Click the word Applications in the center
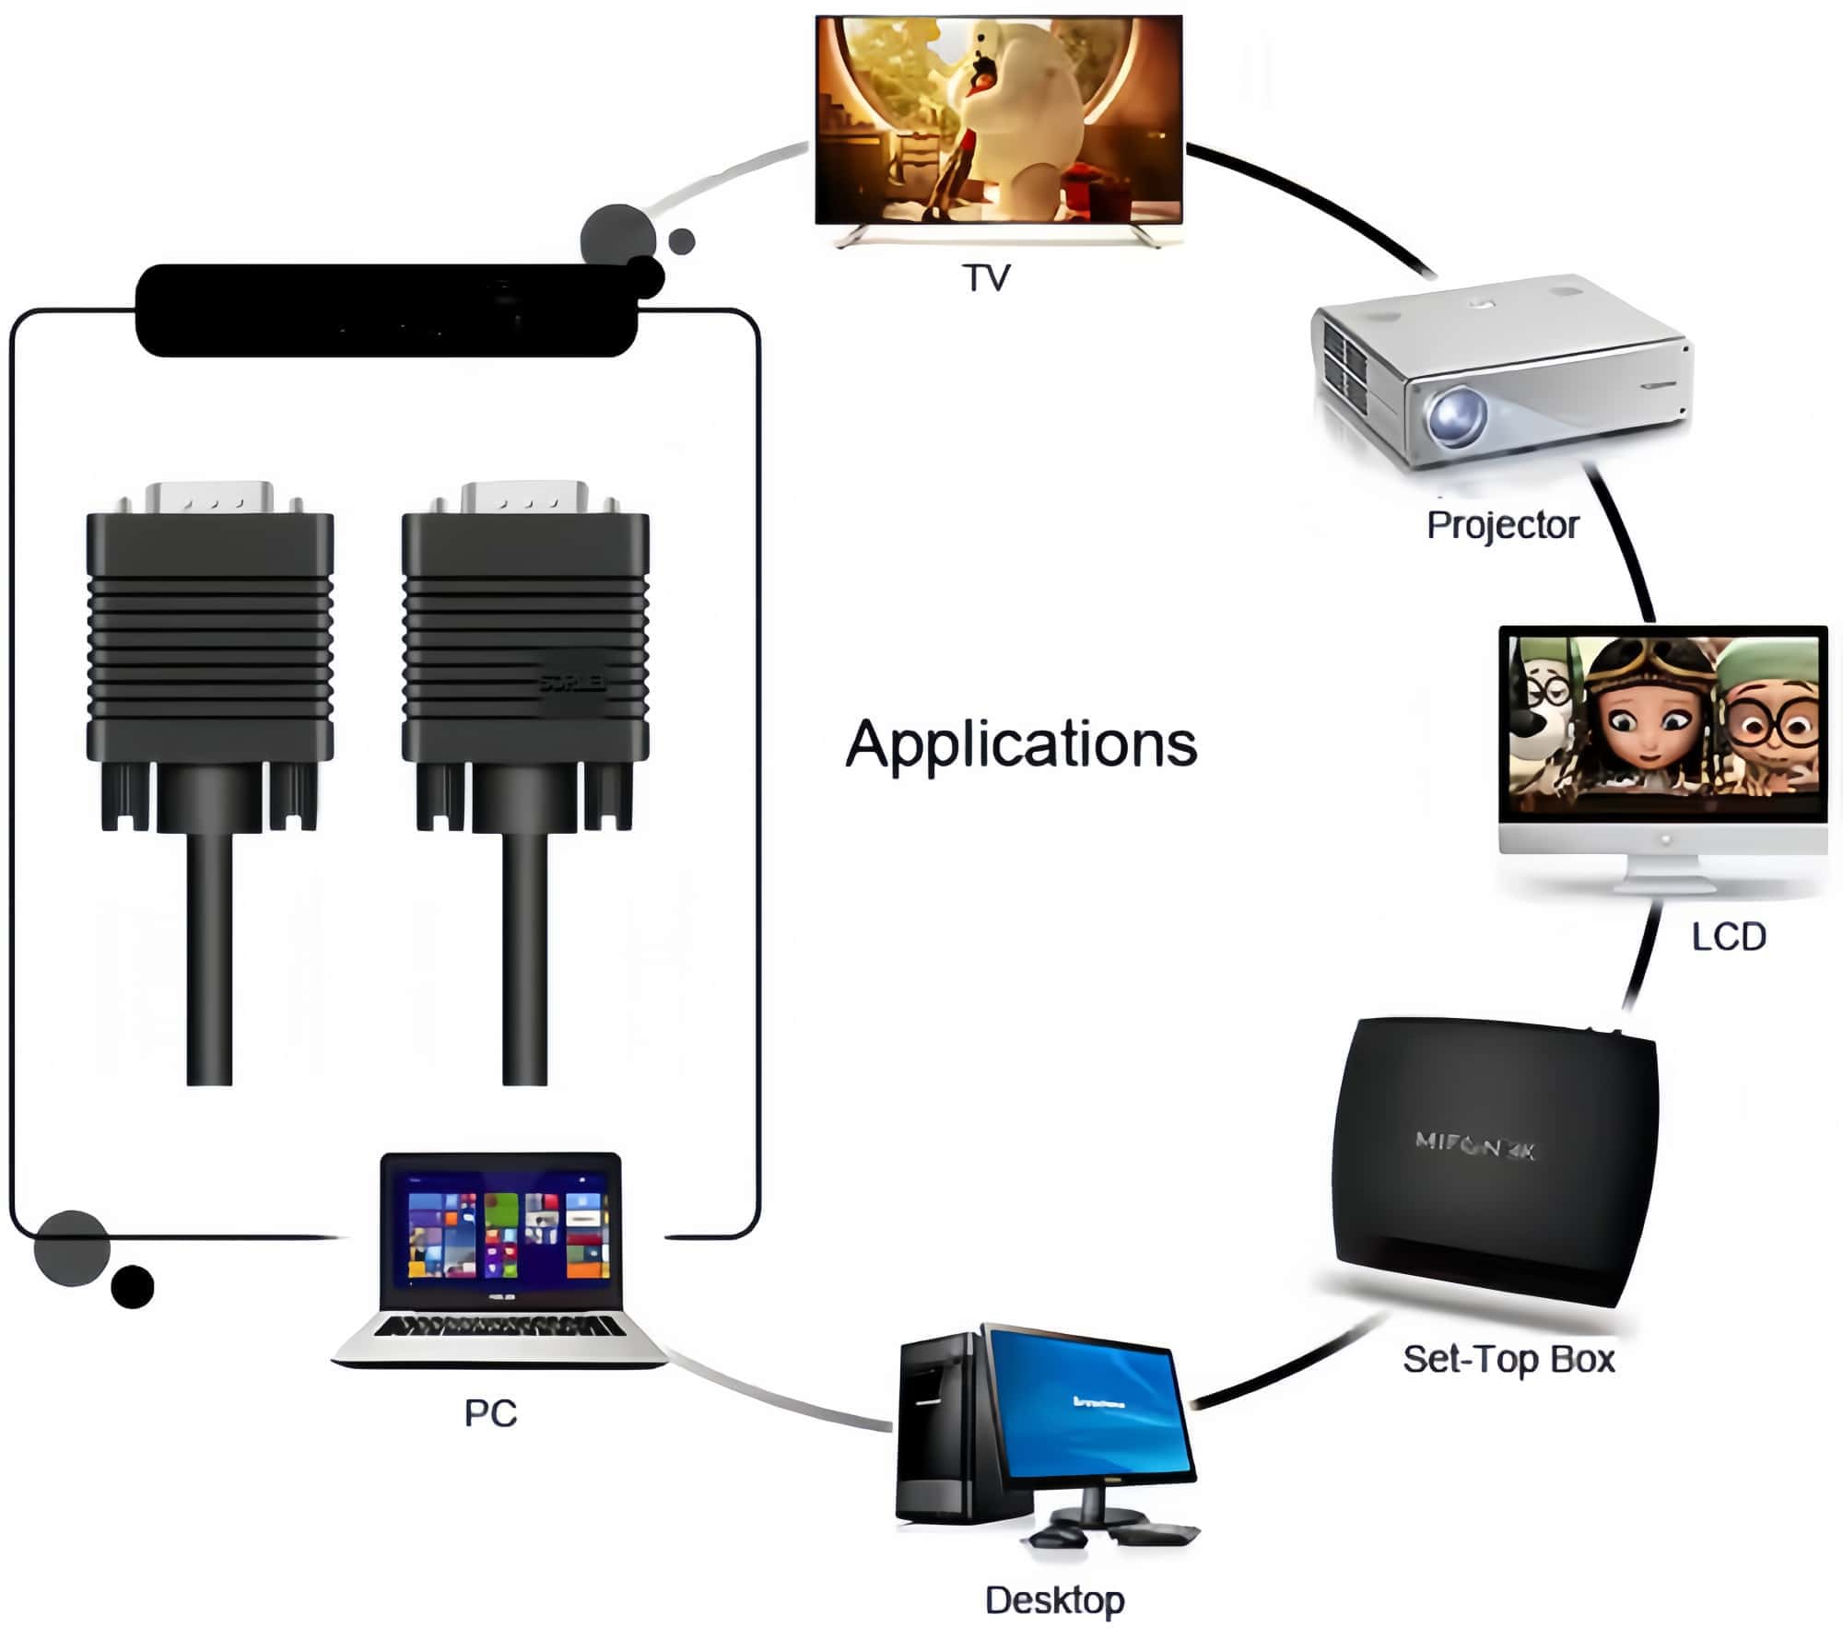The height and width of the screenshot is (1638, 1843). [x=1021, y=744]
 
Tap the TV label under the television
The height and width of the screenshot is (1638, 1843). [x=986, y=277]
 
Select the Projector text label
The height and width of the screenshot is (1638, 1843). [x=1502, y=525]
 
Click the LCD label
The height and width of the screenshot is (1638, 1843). [x=1729, y=937]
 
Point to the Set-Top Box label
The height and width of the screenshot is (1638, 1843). [x=1508, y=1359]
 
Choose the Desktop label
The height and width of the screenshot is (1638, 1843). [x=1054, y=1600]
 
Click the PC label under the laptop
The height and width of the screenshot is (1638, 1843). [x=490, y=1413]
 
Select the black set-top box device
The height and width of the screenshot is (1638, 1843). [x=1493, y=1161]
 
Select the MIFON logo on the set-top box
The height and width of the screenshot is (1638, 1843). [x=1475, y=1146]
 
